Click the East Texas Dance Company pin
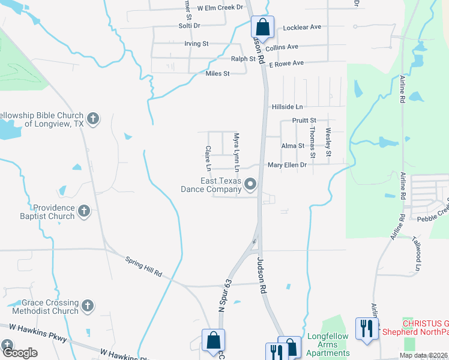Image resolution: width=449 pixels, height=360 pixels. pyautogui.click(x=251, y=184)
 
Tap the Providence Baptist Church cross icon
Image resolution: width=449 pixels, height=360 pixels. pyautogui.click(x=84, y=211)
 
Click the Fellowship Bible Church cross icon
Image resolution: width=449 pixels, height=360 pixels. pyautogui.click(x=92, y=118)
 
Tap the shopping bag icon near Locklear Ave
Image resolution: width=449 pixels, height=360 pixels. pyautogui.click(x=262, y=27)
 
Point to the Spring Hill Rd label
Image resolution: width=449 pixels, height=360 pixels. pyautogui.click(x=143, y=266)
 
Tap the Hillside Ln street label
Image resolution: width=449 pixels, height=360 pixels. pyautogui.click(x=288, y=107)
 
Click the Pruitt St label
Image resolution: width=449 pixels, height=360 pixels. pyautogui.click(x=304, y=121)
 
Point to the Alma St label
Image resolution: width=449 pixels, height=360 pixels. pyautogui.click(x=293, y=146)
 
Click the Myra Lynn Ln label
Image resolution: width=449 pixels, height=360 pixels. pyautogui.click(x=237, y=150)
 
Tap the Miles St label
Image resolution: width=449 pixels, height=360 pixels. pyautogui.click(x=217, y=74)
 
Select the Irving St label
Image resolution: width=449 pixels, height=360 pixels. pyautogui.click(x=196, y=44)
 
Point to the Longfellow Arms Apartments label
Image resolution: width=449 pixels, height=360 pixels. pyautogui.click(x=327, y=345)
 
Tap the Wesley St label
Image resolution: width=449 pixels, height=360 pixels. pyautogui.click(x=328, y=143)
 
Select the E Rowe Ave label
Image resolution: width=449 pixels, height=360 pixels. pyautogui.click(x=286, y=63)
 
